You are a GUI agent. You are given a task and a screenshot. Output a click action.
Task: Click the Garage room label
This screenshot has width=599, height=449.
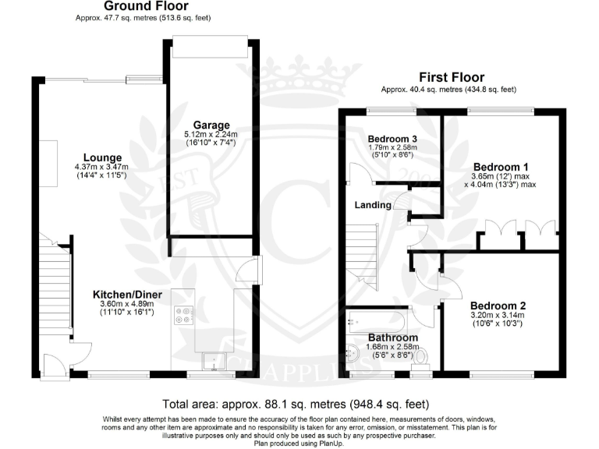point(212,125)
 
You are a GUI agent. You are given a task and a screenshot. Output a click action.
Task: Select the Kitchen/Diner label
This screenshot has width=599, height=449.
point(123,294)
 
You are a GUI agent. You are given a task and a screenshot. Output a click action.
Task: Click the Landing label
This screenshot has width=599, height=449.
point(373,207)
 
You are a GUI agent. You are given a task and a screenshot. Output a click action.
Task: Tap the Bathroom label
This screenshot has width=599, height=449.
point(392,338)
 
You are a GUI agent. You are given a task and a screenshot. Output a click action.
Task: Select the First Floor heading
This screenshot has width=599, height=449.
point(451,77)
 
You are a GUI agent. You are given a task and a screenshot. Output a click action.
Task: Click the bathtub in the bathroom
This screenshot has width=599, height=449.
point(378,319)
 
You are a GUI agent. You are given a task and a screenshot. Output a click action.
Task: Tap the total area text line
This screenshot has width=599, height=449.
point(296,404)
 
